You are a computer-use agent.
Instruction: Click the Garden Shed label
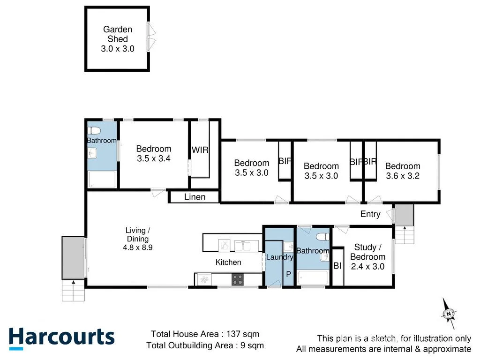point(117,39)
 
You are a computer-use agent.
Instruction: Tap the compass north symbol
point(449,313)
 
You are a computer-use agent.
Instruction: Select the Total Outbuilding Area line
point(205,345)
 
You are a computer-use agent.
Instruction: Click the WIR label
point(200,150)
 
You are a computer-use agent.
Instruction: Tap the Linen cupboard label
point(195,197)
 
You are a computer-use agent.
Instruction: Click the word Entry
point(370,214)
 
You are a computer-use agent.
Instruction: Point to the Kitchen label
point(228,262)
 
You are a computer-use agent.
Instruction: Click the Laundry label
point(279,257)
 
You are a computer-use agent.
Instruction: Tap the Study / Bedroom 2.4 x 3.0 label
point(367,257)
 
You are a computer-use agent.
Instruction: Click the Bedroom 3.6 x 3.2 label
point(403,171)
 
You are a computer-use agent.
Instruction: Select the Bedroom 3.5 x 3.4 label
point(153,154)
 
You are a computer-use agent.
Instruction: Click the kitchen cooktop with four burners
point(238,279)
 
